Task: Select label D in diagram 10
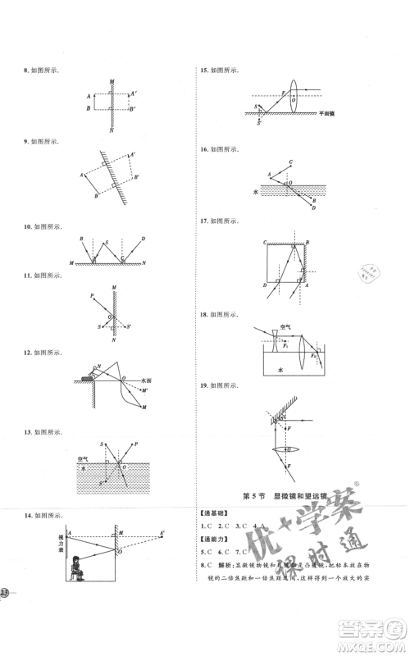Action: pyautogui.click(x=143, y=238)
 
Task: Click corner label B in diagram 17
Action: pyautogui.click(x=308, y=243)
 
